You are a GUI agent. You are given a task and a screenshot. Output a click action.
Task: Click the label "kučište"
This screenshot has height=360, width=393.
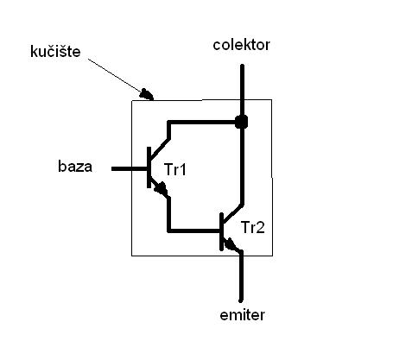click(x=55, y=52)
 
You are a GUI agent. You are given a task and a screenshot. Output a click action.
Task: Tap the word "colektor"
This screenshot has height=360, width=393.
click(x=241, y=45)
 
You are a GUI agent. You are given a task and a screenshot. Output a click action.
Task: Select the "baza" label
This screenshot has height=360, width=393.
click(x=75, y=167)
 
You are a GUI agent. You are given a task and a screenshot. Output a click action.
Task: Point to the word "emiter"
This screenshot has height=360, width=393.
click(x=242, y=315)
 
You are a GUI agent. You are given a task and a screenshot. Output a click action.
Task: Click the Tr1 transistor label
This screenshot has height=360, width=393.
click(x=175, y=169)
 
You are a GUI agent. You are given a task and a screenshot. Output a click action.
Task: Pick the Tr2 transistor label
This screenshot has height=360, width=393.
click(x=252, y=227)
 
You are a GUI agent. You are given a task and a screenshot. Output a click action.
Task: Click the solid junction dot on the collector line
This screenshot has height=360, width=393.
click(x=241, y=122)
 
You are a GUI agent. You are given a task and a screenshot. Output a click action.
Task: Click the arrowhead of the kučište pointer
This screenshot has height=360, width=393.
click(x=146, y=94)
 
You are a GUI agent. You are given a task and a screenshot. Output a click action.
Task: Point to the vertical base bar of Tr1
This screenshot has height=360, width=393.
click(x=149, y=167)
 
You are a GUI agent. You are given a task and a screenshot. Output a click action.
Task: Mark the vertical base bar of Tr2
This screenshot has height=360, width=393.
click(x=221, y=231)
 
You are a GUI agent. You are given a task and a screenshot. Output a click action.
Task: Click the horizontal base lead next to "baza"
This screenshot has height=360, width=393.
click(x=130, y=169)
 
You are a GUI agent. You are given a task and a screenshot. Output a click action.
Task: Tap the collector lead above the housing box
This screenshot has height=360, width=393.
click(x=242, y=82)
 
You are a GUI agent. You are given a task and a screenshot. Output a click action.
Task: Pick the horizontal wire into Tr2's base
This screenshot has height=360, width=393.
click(x=193, y=231)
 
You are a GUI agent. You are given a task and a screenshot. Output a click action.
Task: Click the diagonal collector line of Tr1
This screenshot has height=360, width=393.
click(x=160, y=148)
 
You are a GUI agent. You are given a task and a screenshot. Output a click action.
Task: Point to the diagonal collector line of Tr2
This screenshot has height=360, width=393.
click(x=233, y=214)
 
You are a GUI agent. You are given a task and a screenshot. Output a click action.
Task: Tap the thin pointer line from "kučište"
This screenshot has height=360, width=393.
click(x=115, y=76)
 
